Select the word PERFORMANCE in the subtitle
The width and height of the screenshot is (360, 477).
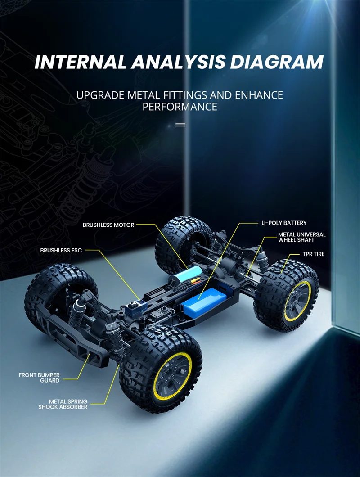180,107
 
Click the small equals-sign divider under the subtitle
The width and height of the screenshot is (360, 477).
180,125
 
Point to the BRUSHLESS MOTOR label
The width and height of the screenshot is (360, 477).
108,225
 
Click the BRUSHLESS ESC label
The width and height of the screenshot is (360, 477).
61,250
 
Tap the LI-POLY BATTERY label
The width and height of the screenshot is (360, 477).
284,223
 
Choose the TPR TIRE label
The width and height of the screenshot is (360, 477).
313,254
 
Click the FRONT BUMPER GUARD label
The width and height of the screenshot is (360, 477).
39,378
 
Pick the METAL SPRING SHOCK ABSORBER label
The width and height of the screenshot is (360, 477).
63,404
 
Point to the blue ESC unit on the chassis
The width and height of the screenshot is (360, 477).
134,307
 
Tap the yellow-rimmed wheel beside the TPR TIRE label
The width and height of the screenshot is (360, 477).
288,295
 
